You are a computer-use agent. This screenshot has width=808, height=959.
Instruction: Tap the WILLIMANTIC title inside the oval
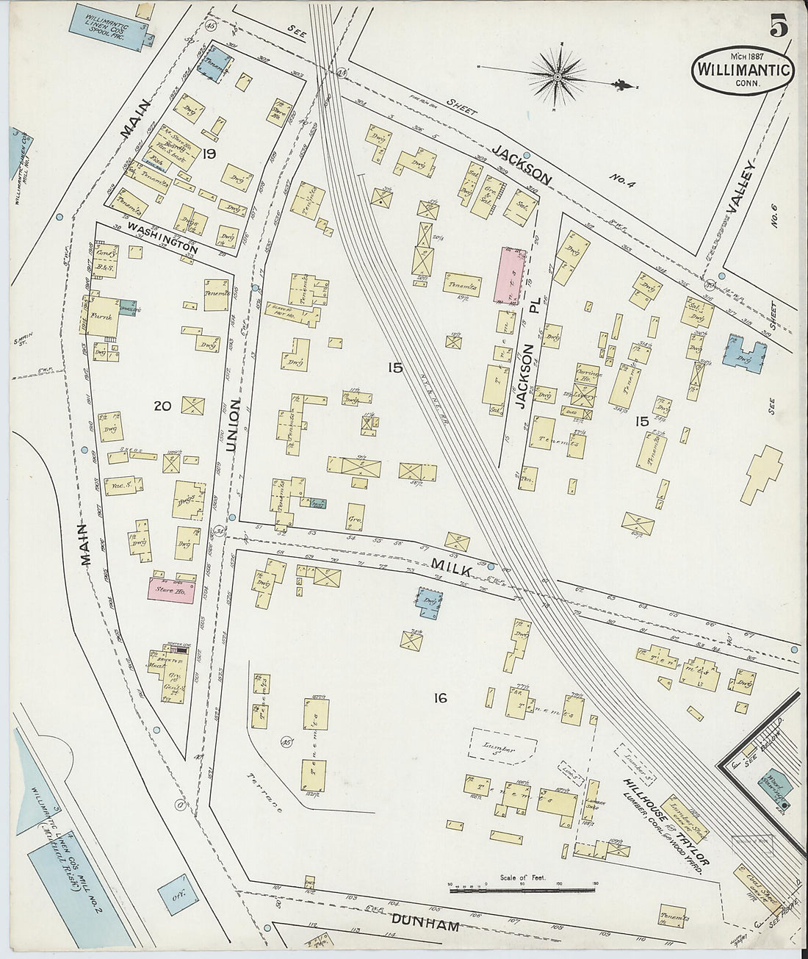click(x=743, y=71)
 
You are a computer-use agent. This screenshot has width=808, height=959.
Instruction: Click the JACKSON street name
click(x=522, y=164)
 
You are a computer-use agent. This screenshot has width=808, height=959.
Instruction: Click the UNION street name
click(x=234, y=425)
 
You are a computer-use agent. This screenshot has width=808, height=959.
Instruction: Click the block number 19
click(x=210, y=154)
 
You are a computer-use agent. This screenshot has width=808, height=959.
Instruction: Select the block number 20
click(x=162, y=404)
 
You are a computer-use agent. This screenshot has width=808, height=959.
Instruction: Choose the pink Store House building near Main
click(x=173, y=590)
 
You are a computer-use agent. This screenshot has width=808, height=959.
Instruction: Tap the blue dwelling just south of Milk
click(x=428, y=600)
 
